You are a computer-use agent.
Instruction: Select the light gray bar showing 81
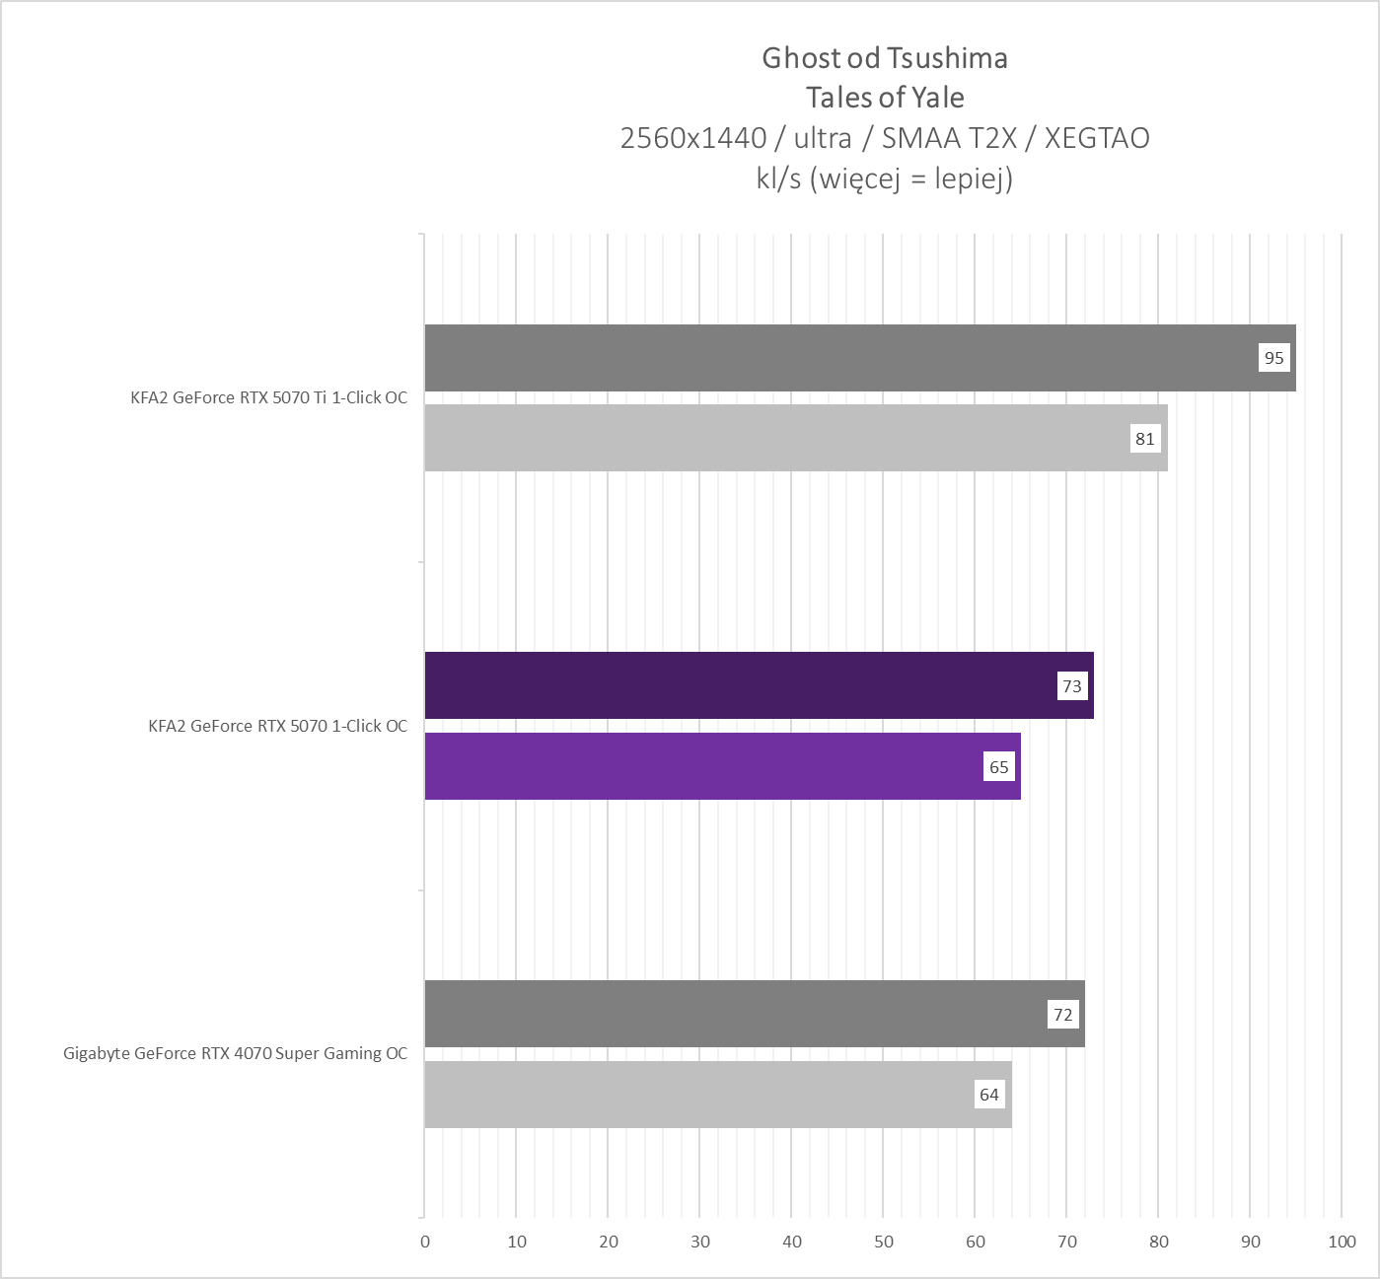[779, 438]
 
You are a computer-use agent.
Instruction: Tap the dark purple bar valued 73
[740, 685]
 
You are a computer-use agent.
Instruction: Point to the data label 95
[1274, 358]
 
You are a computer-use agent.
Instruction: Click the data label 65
[999, 767]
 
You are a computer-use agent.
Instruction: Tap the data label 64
[989, 1095]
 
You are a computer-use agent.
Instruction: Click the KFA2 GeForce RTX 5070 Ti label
[268, 398]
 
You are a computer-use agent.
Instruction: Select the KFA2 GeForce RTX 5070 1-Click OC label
[277, 727]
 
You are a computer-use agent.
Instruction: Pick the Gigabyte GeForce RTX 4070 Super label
[235, 1054]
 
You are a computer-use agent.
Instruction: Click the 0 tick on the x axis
[425, 1242]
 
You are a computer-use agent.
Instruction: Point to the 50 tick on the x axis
[884, 1242]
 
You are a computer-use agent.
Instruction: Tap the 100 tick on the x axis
[1342, 1242]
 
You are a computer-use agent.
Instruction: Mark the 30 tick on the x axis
[700, 1242]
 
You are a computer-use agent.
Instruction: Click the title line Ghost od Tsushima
[885, 58]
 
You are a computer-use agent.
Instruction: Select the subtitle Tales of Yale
[885, 98]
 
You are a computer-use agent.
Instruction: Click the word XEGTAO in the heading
[1097, 138]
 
